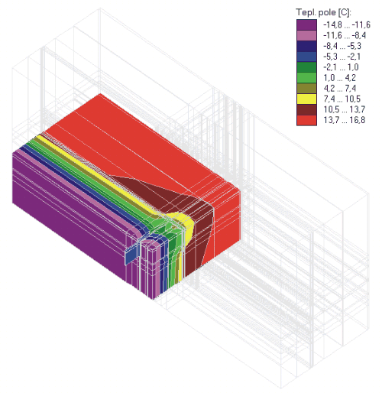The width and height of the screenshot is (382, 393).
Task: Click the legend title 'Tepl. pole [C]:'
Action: click(323, 12)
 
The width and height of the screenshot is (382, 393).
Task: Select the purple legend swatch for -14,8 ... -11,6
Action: click(306, 24)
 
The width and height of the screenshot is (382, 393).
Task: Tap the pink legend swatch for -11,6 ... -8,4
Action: click(306, 35)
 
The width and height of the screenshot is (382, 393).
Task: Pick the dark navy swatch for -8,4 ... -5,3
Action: click(306, 46)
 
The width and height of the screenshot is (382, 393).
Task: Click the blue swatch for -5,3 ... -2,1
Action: click(306, 57)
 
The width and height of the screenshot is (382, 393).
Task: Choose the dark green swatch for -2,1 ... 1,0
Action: click(306, 67)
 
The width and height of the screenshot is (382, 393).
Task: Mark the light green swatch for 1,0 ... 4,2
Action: click(306, 78)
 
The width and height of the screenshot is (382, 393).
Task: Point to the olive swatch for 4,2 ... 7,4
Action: click(306, 89)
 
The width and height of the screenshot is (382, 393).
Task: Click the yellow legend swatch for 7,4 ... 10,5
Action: click(306, 99)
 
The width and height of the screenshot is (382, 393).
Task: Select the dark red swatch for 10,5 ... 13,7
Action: click(306, 109)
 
